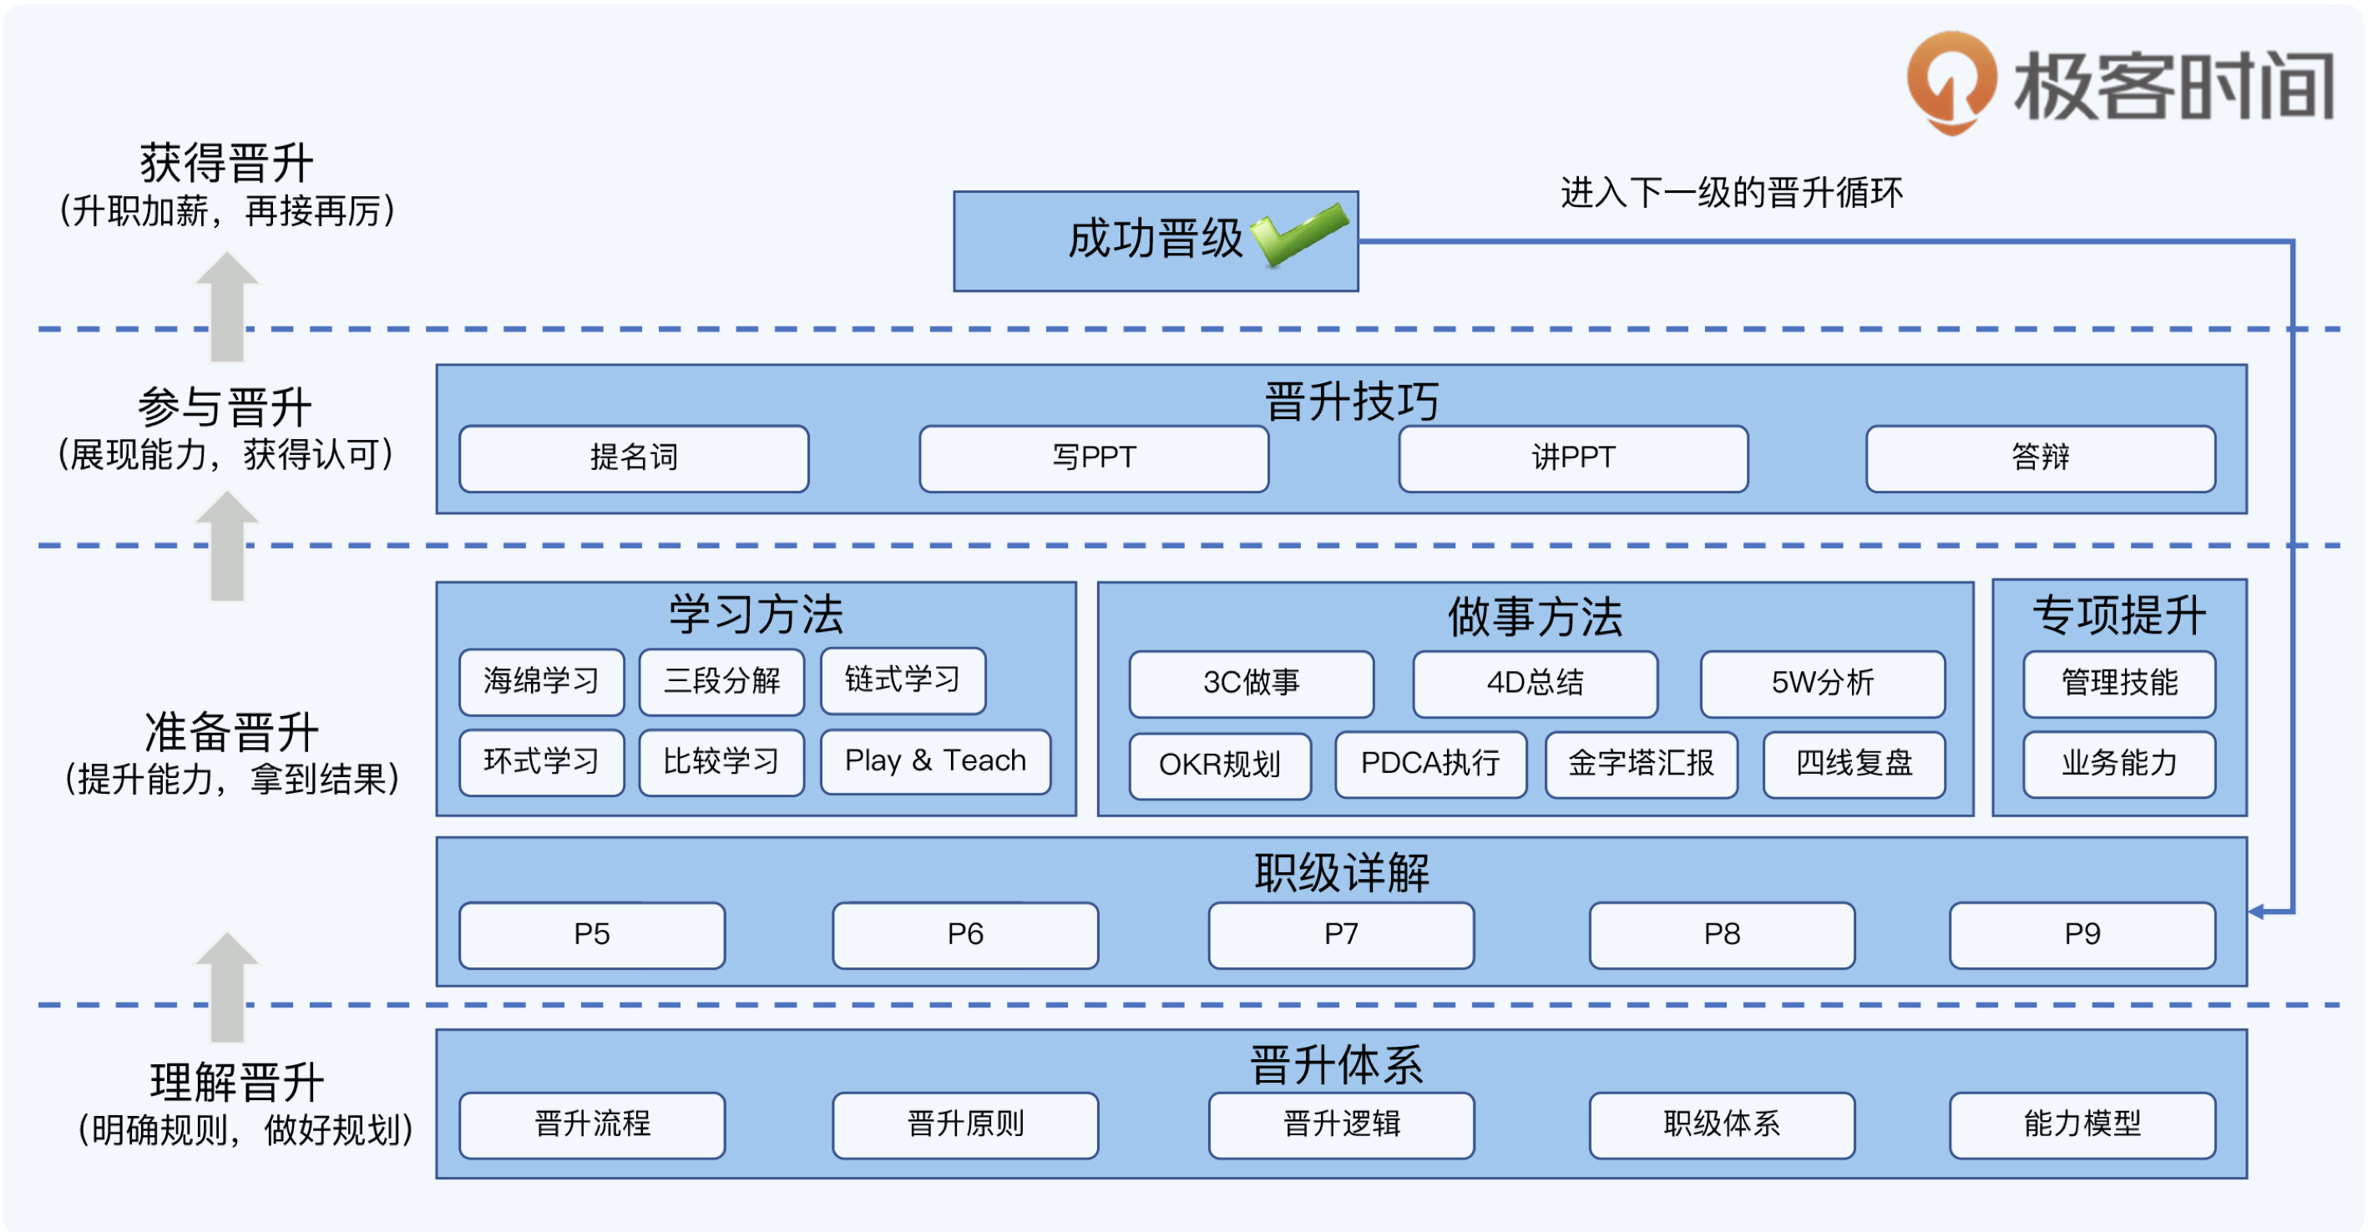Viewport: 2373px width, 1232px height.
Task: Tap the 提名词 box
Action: tap(634, 457)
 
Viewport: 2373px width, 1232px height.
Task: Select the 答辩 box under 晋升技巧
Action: tap(2040, 457)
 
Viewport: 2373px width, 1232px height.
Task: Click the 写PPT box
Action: tap(1094, 457)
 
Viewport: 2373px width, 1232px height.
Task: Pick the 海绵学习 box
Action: tap(541, 681)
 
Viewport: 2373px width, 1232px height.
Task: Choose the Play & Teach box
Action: tap(935, 761)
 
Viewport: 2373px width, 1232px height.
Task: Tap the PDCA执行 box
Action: tap(1429, 764)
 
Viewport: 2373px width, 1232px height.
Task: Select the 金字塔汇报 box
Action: tap(1641, 764)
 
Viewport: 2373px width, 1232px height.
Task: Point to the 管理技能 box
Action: tap(2119, 684)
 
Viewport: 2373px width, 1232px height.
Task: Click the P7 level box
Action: tap(1340, 935)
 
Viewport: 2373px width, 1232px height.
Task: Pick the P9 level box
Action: tap(2082, 935)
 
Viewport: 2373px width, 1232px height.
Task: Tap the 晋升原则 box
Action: tap(964, 1124)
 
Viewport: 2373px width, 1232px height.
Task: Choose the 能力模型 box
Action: tap(2082, 1124)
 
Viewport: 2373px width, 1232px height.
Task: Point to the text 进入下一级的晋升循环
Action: tap(1731, 194)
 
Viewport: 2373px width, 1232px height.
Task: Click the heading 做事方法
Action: tap(1535, 617)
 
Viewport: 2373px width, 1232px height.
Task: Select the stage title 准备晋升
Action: tap(232, 733)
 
